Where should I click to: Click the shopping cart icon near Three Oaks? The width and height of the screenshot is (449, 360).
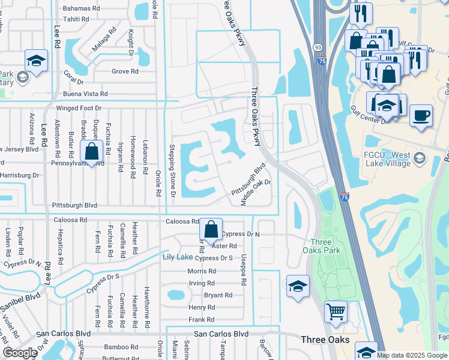coord(336,311)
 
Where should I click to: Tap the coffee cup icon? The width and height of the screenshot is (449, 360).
coord(421,114)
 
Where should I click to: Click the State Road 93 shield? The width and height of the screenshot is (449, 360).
coord(317,46)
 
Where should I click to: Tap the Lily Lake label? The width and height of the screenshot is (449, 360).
coord(178,257)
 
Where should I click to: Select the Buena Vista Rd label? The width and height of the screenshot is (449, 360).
coord(85,94)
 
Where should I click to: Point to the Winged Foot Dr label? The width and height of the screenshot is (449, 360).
coord(79,109)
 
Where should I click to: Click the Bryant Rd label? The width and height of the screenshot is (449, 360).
coord(218,295)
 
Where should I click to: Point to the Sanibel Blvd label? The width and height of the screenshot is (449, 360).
coord(20,298)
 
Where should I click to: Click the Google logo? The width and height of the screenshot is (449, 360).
coord(20,352)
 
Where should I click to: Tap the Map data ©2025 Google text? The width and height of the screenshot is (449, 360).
coord(412,355)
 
